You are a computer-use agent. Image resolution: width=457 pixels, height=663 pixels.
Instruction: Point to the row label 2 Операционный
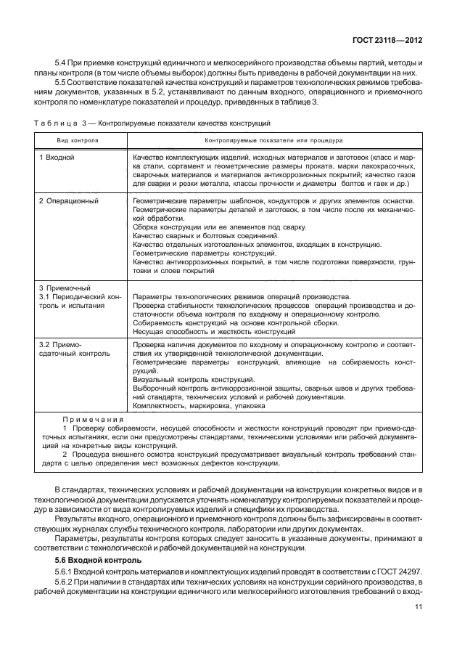[69, 200]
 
